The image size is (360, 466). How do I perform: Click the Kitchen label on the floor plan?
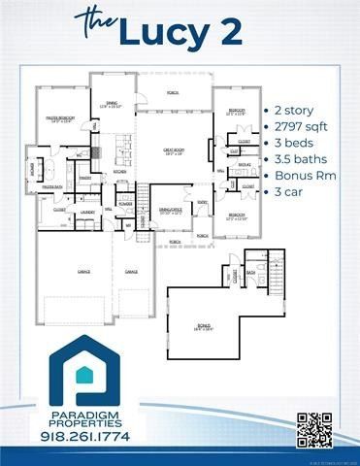point(119,171)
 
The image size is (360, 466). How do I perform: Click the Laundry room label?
point(86,210)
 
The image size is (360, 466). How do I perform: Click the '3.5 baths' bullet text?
point(298,158)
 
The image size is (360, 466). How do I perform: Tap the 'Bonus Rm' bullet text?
point(302,175)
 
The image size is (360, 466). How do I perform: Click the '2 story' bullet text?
point(293,112)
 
